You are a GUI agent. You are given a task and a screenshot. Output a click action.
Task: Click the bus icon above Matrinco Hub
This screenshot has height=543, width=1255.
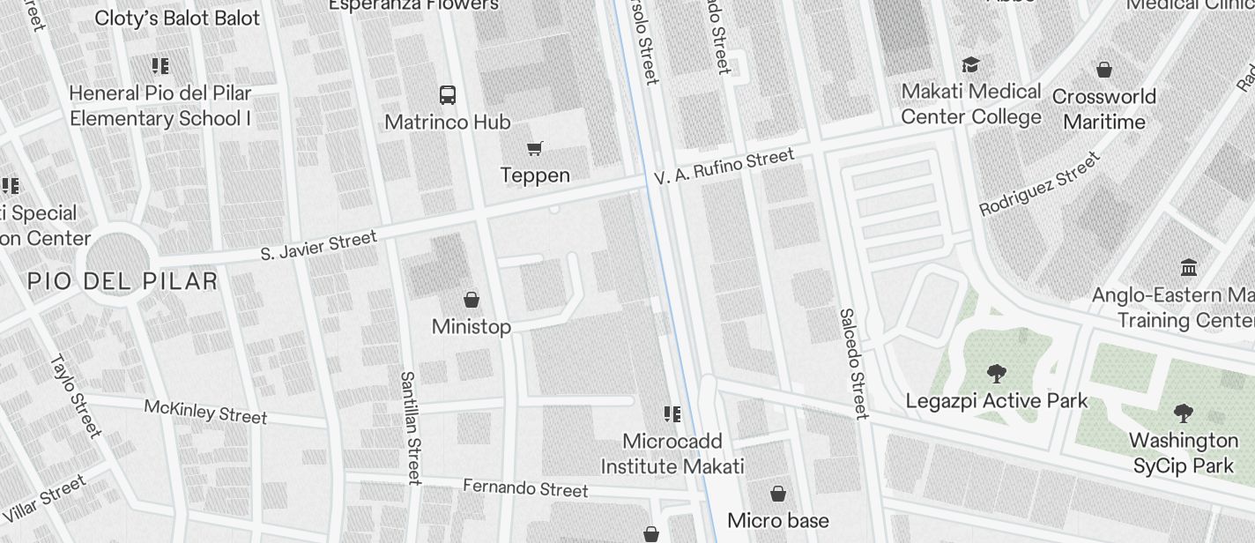(x=448, y=94)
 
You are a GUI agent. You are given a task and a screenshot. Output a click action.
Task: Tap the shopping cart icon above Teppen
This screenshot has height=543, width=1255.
(x=534, y=148)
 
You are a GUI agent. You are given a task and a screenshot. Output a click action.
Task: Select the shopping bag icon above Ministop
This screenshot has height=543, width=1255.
(x=472, y=300)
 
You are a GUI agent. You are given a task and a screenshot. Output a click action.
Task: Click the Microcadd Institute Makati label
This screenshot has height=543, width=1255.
(x=672, y=454)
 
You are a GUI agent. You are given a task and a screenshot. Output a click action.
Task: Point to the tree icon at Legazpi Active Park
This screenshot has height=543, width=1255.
(x=997, y=374)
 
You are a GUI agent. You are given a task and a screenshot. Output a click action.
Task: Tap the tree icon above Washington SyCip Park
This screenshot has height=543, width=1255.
(x=1184, y=413)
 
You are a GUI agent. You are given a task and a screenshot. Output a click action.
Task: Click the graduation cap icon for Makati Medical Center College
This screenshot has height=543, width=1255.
(x=970, y=65)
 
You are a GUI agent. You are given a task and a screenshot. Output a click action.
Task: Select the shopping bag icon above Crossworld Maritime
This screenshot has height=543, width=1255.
(x=1104, y=70)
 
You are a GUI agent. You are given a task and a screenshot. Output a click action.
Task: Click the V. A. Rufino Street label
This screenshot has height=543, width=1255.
(x=724, y=167)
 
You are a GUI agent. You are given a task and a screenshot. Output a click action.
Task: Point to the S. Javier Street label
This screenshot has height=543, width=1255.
(x=319, y=245)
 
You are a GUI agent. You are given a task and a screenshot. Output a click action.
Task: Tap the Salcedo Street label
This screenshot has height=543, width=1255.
(x=853, y=362)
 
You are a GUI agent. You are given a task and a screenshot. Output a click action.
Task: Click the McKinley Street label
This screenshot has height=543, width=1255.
(x=205, y=411)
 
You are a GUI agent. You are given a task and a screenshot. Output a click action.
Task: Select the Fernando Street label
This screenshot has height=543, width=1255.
(x=525, y=487)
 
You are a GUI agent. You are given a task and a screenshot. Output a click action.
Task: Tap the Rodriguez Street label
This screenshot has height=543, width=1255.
(x=1040, y=183)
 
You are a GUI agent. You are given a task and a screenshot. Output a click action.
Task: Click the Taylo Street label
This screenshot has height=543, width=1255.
(x=76, y=395)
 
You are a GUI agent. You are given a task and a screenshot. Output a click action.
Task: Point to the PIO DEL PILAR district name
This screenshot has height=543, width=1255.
(x=123, y=281)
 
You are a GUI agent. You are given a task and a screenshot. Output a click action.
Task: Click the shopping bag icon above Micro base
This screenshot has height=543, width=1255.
(x=778, y=494)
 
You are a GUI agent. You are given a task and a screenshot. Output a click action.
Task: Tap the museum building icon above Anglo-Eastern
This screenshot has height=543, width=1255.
(x=1189, y=267)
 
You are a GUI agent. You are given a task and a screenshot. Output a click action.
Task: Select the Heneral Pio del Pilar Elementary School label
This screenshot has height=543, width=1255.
(x=160, y=106)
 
